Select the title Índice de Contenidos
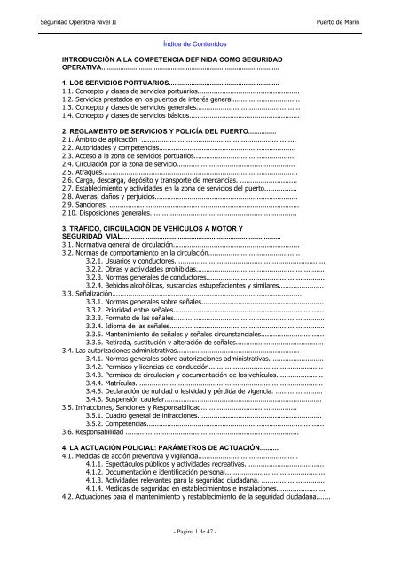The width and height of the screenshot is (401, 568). (201, 42)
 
